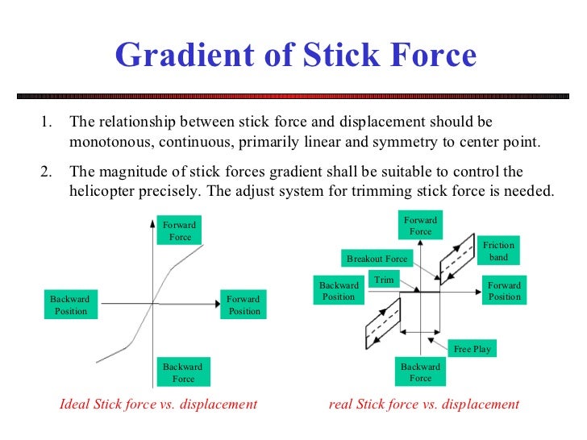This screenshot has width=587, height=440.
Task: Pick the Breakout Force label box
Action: (377, 259)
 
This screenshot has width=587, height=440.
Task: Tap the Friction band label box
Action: (499, 251)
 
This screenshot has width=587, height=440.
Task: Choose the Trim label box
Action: (383, 279)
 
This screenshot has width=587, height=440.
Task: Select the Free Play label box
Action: (473, 349)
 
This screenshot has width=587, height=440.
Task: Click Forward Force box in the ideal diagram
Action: (180, 231)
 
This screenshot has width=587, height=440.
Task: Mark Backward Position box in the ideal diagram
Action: (70, 305)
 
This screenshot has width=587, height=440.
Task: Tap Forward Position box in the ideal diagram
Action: (244, 305)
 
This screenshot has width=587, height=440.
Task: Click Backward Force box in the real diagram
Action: (420, 372)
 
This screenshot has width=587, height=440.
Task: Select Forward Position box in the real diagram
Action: (505, 291)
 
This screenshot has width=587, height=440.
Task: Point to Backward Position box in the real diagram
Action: (339, 291)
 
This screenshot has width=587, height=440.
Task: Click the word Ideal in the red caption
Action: (76, 404)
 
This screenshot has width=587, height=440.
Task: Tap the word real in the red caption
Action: (342, 404)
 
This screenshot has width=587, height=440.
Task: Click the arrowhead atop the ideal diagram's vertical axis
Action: (152, 221)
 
